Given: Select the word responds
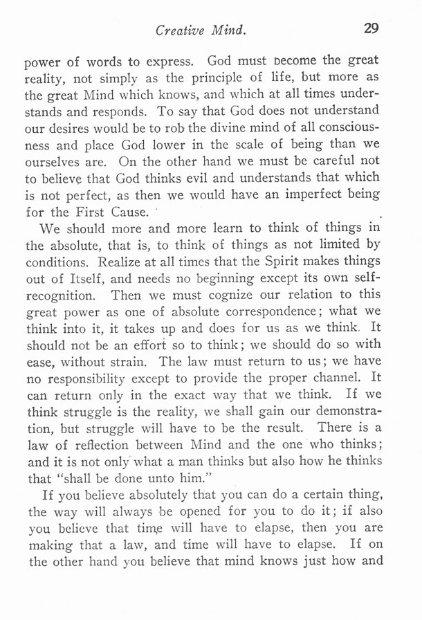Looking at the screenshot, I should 116,111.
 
